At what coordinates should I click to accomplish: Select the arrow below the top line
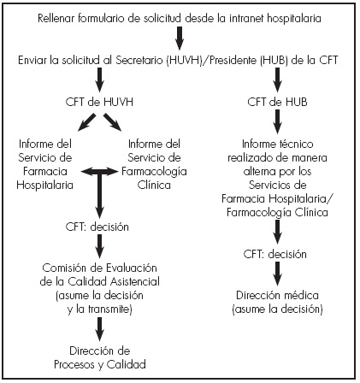[x=180, y=38]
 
